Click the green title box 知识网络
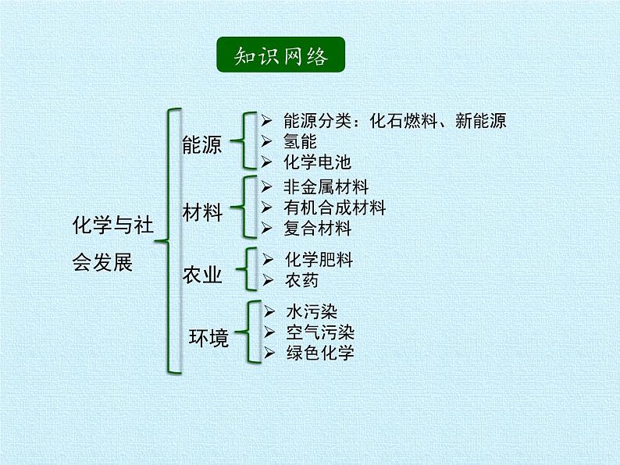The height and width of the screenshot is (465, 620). (x=280, y=56)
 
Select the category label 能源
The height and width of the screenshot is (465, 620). (x=202, y=145)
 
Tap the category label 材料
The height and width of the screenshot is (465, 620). (x=202, y=213)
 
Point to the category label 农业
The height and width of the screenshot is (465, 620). (x=202, y=275)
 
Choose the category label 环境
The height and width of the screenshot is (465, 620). (x=209, y=339)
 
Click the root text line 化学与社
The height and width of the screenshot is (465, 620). (x=113, y=225)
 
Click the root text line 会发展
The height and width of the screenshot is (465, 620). (x=102, y=263)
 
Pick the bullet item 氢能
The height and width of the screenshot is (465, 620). (x=300, y=141)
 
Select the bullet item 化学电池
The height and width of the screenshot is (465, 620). (x=317, y=162)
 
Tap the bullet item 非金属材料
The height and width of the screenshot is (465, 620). (x=326, y=187)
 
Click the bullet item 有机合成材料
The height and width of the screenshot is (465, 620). (x=335, y=208)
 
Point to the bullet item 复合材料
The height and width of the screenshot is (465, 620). (x=318, y=229)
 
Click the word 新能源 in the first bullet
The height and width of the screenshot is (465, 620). (x=481, y=121)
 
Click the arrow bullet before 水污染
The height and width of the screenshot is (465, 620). (x=269, y=311)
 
